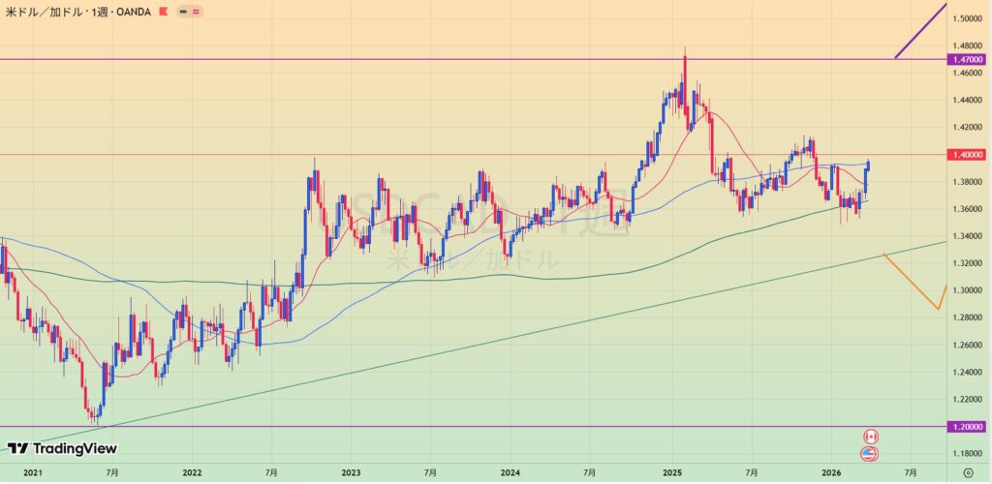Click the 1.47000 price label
968,59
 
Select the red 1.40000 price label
968,155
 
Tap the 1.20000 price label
968,427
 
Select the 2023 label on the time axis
351,472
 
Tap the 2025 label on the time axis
672,472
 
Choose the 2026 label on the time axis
831,472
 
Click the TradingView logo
62,448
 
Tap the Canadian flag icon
869,437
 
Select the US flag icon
869,453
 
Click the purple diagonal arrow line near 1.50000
920,30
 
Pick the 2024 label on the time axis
510,472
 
